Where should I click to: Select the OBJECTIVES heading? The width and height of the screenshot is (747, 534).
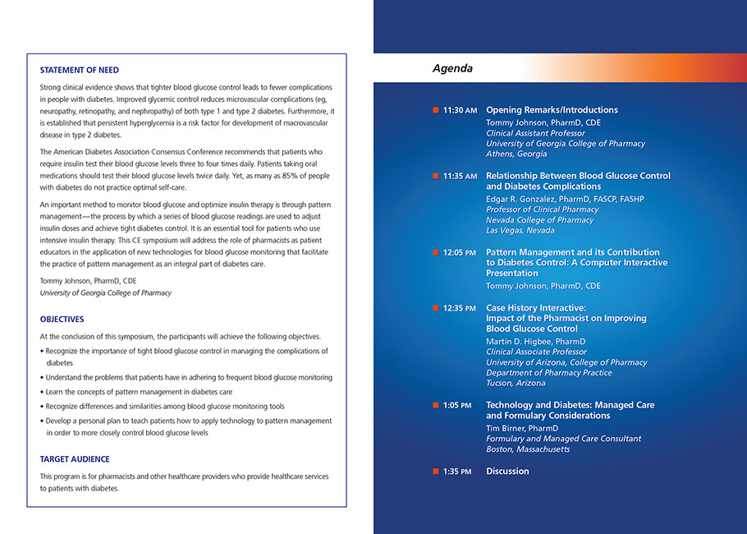(x=62, y=319)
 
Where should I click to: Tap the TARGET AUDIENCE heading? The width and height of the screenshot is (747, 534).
(x=75, y=459)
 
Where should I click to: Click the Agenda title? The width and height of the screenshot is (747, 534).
(x=452, y=69)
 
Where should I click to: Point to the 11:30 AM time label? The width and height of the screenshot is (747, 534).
(x=460, y=110)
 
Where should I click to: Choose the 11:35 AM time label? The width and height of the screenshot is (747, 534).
(x=460, y=176)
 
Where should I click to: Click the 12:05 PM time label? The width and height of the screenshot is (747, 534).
(x=460, y=253)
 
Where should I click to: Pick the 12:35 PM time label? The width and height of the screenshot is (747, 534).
(x=460, y=308)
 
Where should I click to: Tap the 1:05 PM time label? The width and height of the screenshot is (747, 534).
(x=457, y=406)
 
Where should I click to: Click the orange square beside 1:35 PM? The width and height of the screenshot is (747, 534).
(x=436, y=472)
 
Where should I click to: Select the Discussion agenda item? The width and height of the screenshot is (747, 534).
(x=507, y=472)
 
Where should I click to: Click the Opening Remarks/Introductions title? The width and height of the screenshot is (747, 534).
(x=552, y=110)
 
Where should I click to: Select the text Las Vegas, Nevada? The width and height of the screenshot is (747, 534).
(x=520, y=231)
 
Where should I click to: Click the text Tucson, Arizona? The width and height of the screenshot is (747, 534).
(x=516, y=384)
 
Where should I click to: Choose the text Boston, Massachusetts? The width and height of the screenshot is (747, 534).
(x=528, y=449)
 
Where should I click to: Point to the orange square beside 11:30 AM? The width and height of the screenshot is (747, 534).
(x=436, y=110)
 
